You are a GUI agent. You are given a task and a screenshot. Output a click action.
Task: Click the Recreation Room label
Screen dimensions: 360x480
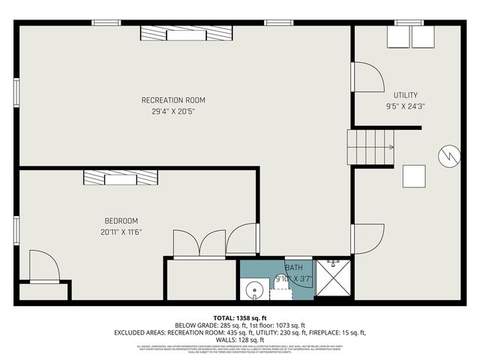tap(173, 100)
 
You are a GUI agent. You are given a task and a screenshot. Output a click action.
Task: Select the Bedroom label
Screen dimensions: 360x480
tap(121, 220)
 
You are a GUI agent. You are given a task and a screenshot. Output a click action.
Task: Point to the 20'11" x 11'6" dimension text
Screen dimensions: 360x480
tap(121, 232)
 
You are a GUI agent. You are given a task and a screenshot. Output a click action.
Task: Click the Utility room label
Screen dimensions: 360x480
tap(405, 95)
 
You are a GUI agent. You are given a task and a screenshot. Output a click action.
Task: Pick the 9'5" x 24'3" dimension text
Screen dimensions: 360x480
tap(405, 106)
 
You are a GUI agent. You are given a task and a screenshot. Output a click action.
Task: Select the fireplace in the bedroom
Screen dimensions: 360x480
tap(121, 177)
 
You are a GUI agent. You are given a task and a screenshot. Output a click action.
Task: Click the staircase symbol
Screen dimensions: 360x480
tap(369, 146)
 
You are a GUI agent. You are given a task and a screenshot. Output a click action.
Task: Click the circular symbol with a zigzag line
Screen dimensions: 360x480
tap(447, 154)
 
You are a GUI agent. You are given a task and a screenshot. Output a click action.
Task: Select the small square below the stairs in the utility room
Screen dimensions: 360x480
tap(414, 175)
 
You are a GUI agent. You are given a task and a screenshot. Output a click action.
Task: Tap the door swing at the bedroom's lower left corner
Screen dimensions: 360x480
tap(43, 266)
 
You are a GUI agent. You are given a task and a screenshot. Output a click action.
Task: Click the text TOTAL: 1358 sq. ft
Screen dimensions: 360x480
tap(240, 317)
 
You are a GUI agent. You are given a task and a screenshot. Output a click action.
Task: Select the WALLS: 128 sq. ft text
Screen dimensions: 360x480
tap(240, 339)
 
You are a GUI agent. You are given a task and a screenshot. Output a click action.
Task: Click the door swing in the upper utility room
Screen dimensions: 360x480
tap(367, 78)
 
